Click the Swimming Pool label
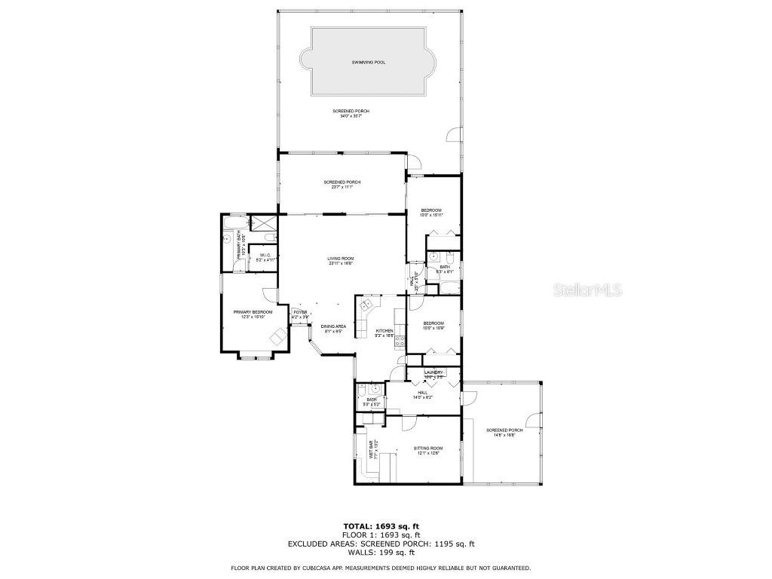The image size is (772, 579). tap(368, 62)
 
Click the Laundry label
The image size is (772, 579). tap(433, 373)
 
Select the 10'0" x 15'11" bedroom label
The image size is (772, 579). tap(431, 212)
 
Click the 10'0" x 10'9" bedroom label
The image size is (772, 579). tap(433, 325)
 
